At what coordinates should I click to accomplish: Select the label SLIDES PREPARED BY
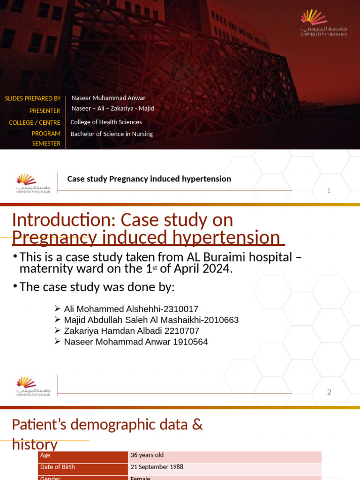(x=32, y=98)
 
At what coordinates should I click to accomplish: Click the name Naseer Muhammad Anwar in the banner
(x=108, y=98)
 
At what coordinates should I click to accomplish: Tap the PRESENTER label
(x=45, y=111)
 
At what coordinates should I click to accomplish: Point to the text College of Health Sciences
(x=106, y=122)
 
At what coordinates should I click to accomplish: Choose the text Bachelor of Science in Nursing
(x=112, y=134)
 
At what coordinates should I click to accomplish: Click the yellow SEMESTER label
(x=46, y=144)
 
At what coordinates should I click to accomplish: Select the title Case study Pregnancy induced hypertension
(x=149, y=179)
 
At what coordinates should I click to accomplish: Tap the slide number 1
(x=329, y=190)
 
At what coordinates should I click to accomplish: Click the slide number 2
(x=329, y=392)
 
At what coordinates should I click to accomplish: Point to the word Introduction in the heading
(x=61, y=220)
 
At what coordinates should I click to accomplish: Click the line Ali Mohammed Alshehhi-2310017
(x=131, y=309)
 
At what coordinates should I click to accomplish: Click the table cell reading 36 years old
(x=147, y=455)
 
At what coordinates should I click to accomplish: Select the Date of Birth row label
(x=58, y=467)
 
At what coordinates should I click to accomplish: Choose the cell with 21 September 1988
(x=157, y=467)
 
